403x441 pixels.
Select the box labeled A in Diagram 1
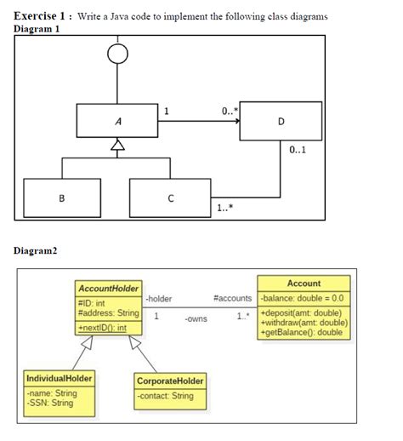(x=118, y=121)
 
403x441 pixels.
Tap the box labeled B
(x=60, y=198)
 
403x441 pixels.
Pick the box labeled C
(x=170, y=198)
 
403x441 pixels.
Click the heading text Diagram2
(x=37, y=251)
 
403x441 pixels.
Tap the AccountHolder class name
(x=108, y=289)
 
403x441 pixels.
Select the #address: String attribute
(x=108, y=313)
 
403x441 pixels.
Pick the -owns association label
(x=196, y=320)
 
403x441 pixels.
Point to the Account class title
(x=304, y=283)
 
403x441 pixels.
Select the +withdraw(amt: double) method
(x=303, y=324)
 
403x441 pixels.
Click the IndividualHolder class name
(x=60, y=377)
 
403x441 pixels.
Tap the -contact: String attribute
(x=165, y=396)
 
